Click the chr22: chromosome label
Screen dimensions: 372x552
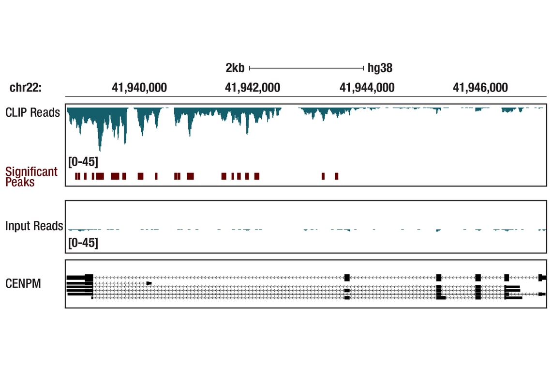tap(26, 88)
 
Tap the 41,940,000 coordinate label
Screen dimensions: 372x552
tap(139, 88)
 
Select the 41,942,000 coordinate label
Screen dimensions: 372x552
tap(253, 88)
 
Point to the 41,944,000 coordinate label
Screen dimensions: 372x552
tap(367, 88)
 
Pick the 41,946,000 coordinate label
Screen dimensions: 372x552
tap(480, 88)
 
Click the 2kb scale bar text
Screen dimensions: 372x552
tap(235, 68)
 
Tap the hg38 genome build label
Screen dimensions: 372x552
tap(380, 68)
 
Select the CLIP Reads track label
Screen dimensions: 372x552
tap(33, 112)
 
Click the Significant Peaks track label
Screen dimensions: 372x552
tap(31, 177)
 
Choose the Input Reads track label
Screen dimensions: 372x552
tap(34, 226)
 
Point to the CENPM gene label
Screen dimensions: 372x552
tap(23, 283)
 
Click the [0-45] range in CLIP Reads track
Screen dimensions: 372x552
tap(83, 161)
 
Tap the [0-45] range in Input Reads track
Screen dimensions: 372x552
tap(83, 243)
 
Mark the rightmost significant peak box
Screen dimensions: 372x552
tap(337, 176)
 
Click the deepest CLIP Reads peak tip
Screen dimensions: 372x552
tap(100, 150)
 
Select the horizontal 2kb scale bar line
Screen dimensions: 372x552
tap(306, 68)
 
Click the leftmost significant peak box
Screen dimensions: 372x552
tap(76, 176)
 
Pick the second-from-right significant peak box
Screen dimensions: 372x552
tap(323, 176)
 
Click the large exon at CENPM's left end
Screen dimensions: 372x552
tap(89, 278)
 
